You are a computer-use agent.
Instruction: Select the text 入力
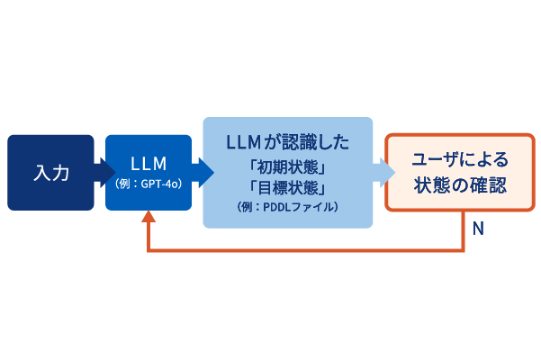click(50, 173)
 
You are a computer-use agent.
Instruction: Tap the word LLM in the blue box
click(149, 164)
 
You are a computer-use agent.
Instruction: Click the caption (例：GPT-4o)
click(149, 184)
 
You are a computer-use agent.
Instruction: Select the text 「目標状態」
click(287, 186)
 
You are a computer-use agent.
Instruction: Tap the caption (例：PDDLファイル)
click(287, 206)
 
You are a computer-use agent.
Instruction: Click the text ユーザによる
click(459, 160)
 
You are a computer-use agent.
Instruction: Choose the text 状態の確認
click(459, 186)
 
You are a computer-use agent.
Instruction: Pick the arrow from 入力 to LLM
click(100, 172)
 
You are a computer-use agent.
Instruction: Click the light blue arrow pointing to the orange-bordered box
click(383, 172)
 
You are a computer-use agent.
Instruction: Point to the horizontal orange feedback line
click(306, 249)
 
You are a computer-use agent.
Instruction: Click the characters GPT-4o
click(158, 184)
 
